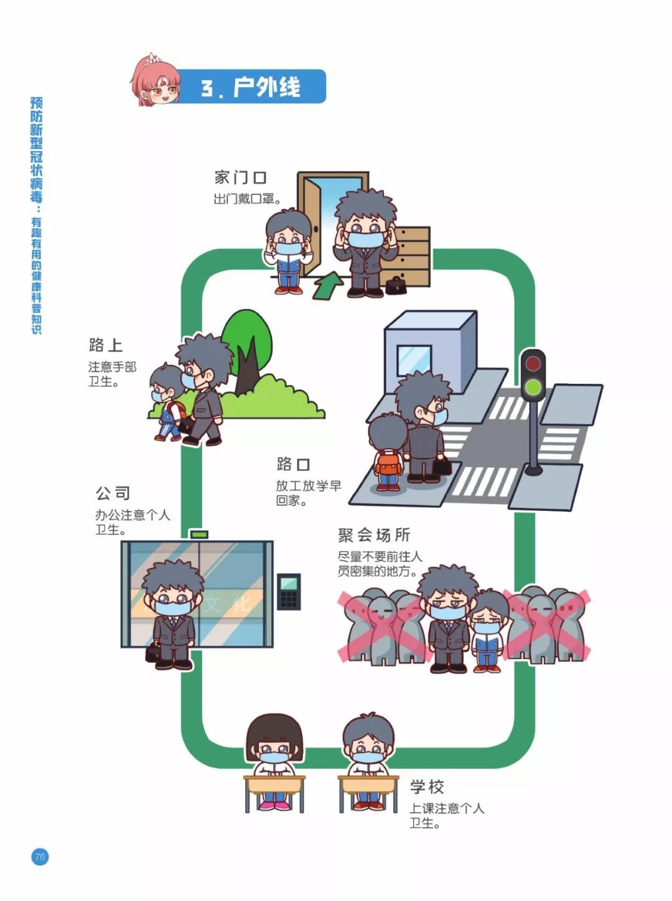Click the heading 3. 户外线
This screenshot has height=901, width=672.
[x=250, y=87]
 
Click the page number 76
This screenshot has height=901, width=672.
[x=40, y=857]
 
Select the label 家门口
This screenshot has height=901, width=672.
[x=240, y=178]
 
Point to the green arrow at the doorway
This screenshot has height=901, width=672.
[x=328, y=284]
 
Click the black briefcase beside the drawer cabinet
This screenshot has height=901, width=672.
[x=396, y=286]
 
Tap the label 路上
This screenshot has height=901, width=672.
[x=105, y=345]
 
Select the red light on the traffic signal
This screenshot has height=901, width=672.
[x=532, y=363]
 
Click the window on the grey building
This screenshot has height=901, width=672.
[x=414, y=360]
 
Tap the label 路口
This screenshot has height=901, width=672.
[x=293, y=464]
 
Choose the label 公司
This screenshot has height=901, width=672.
[x=113, y=493]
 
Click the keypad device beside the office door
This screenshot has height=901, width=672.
[x=289, y=591]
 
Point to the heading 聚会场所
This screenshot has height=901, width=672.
[x=374, y=535]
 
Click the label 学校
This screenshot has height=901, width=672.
[x=427, y=787]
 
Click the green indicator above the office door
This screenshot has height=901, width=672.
[x=199, y=534]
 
